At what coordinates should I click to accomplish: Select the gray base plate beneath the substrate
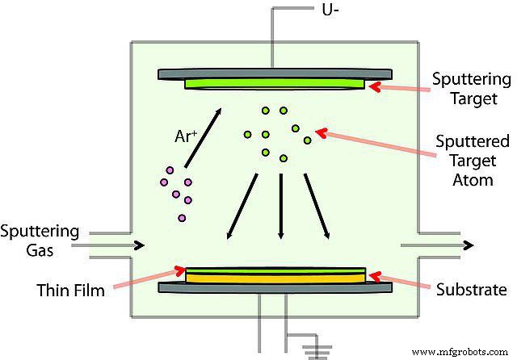275,287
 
